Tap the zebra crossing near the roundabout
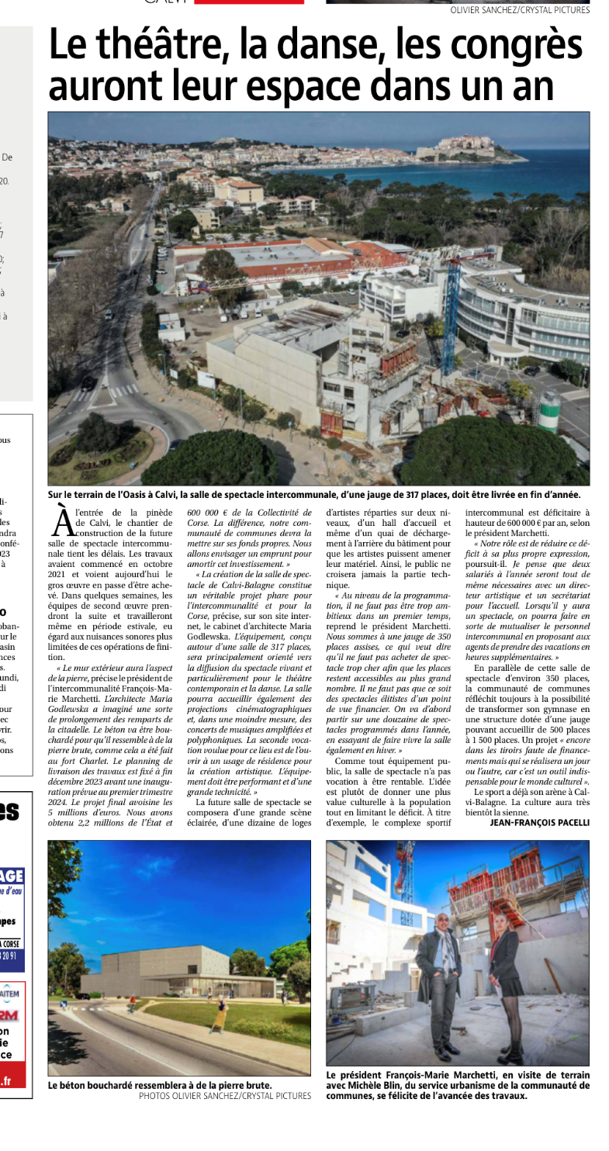click(x=124, y=391)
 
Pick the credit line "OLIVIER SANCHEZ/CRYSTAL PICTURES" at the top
click(x=520, y=10)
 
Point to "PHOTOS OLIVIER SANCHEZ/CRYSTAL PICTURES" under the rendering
click(x=225, y=1096)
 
